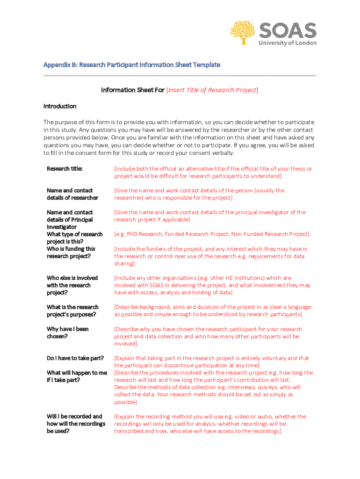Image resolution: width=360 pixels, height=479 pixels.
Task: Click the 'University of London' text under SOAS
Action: coord(288,43)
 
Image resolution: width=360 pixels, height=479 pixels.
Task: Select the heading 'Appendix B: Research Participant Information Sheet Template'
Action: coord(131,65)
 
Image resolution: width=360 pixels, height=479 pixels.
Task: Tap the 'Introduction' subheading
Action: coord(60,106)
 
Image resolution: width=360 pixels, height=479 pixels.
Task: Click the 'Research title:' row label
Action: coord(65,169)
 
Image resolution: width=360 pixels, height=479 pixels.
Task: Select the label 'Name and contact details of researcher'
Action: coord(72,194)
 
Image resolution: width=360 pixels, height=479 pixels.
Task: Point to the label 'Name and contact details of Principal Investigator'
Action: coord(70,219)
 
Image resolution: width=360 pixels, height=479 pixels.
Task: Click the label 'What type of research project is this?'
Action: coord(74,238)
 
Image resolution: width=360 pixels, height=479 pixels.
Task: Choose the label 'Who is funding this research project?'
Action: coord(71,252)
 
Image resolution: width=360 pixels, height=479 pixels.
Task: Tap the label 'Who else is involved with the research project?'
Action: coord(72,285)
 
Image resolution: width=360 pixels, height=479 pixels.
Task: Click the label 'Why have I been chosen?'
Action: coord(67,333)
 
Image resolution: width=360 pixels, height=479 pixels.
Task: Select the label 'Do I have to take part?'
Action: coord(75,358)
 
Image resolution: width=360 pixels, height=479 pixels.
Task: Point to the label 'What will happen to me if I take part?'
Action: coord(77,376)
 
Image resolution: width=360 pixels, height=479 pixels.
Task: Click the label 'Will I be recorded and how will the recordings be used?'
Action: coord(74,423)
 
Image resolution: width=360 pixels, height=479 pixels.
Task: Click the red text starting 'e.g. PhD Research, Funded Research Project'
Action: coord(211,234)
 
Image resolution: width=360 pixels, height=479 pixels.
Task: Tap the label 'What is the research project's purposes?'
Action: coord(72,311)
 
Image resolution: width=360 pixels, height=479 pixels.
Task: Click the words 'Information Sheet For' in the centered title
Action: coord(132,90)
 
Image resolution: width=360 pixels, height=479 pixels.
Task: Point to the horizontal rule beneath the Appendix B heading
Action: coord(180,75)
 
